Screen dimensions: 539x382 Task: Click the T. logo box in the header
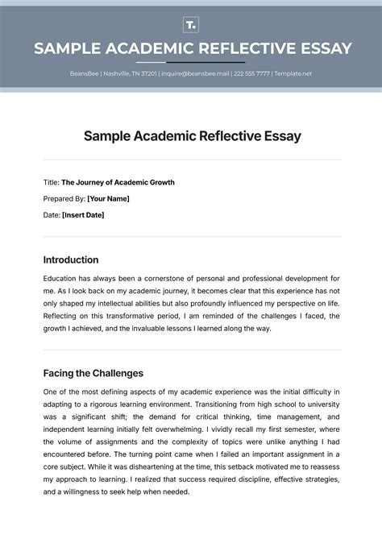[x=191, y=24]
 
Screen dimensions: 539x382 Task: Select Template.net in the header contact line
[x=293, y=74]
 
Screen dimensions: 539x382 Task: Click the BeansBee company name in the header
[x=83, y=74]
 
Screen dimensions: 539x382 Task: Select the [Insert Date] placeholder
[x=83, y=215]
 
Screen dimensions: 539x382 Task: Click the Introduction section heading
[x=70, y=260]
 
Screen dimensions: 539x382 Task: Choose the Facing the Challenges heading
[x=93, y=373]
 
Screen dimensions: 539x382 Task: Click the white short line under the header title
[x=191, y=62]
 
